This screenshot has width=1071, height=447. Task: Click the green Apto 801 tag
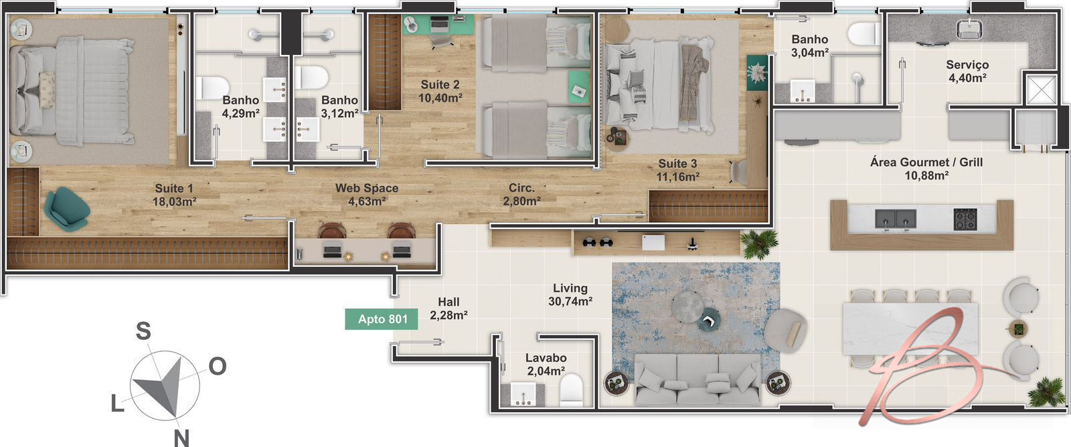pos(382,319)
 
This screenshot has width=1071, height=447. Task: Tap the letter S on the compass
pos(143,331)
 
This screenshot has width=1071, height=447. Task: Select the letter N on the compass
pos(181,438)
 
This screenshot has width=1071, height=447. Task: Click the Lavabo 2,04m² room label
pos(546,364)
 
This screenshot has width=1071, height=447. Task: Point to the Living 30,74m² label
pos(570,294)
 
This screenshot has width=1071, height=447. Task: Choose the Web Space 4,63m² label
pos(367,195)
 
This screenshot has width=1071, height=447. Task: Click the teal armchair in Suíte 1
pos(66,209)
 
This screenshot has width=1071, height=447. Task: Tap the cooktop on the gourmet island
pos(965,219)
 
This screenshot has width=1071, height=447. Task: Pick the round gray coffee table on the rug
pos(687,306)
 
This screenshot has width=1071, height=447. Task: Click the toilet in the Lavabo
pos(572,389)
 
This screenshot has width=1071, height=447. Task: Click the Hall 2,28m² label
pos(448,308)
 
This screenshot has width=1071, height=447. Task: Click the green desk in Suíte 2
pos(438,24)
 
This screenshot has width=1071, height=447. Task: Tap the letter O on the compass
pos(218,366)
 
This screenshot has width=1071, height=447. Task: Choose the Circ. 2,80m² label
pos(521,195)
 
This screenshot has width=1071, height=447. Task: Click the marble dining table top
pos(910,329)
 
